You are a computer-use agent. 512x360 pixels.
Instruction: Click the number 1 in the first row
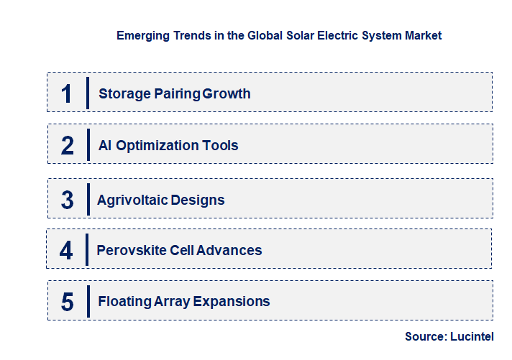[67, 93]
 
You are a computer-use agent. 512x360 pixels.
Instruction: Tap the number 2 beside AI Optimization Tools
[68, 146]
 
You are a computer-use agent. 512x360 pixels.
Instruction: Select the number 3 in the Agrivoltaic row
[67, 200]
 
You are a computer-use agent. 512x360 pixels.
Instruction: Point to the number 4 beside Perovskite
[66, 251]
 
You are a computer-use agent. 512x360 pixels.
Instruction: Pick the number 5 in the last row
[67, 302]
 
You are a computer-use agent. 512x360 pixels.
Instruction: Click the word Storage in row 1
[123, 93]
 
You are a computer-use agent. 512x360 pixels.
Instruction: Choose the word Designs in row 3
[198, 200]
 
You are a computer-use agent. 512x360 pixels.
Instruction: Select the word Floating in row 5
[124, 302]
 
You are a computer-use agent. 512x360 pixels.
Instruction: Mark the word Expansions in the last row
[232, 302]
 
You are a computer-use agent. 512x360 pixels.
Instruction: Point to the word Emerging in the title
[143, 34]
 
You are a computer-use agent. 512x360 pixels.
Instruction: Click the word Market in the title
[422, 34]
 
